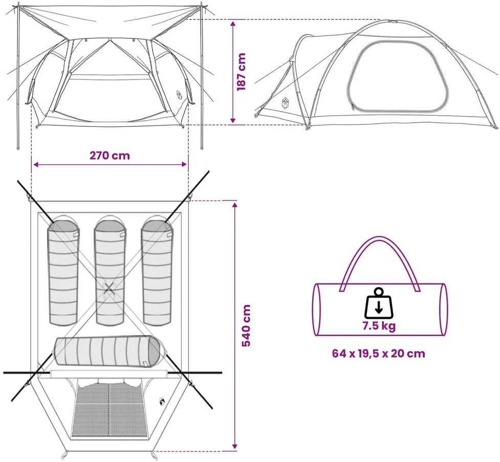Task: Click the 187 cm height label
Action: point(242,72)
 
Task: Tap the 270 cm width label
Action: point(110,156)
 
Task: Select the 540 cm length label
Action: point(246,325)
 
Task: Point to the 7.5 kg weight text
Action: point(379,326)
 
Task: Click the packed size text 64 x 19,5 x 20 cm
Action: point(379,353)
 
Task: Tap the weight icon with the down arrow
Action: point(379,303)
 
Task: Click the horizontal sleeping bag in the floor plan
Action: point(110,351)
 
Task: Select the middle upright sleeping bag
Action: point(109,271)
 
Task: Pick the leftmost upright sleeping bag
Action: point(63,271)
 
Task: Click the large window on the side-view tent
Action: point(397,77)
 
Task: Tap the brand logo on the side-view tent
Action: point(285,103)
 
